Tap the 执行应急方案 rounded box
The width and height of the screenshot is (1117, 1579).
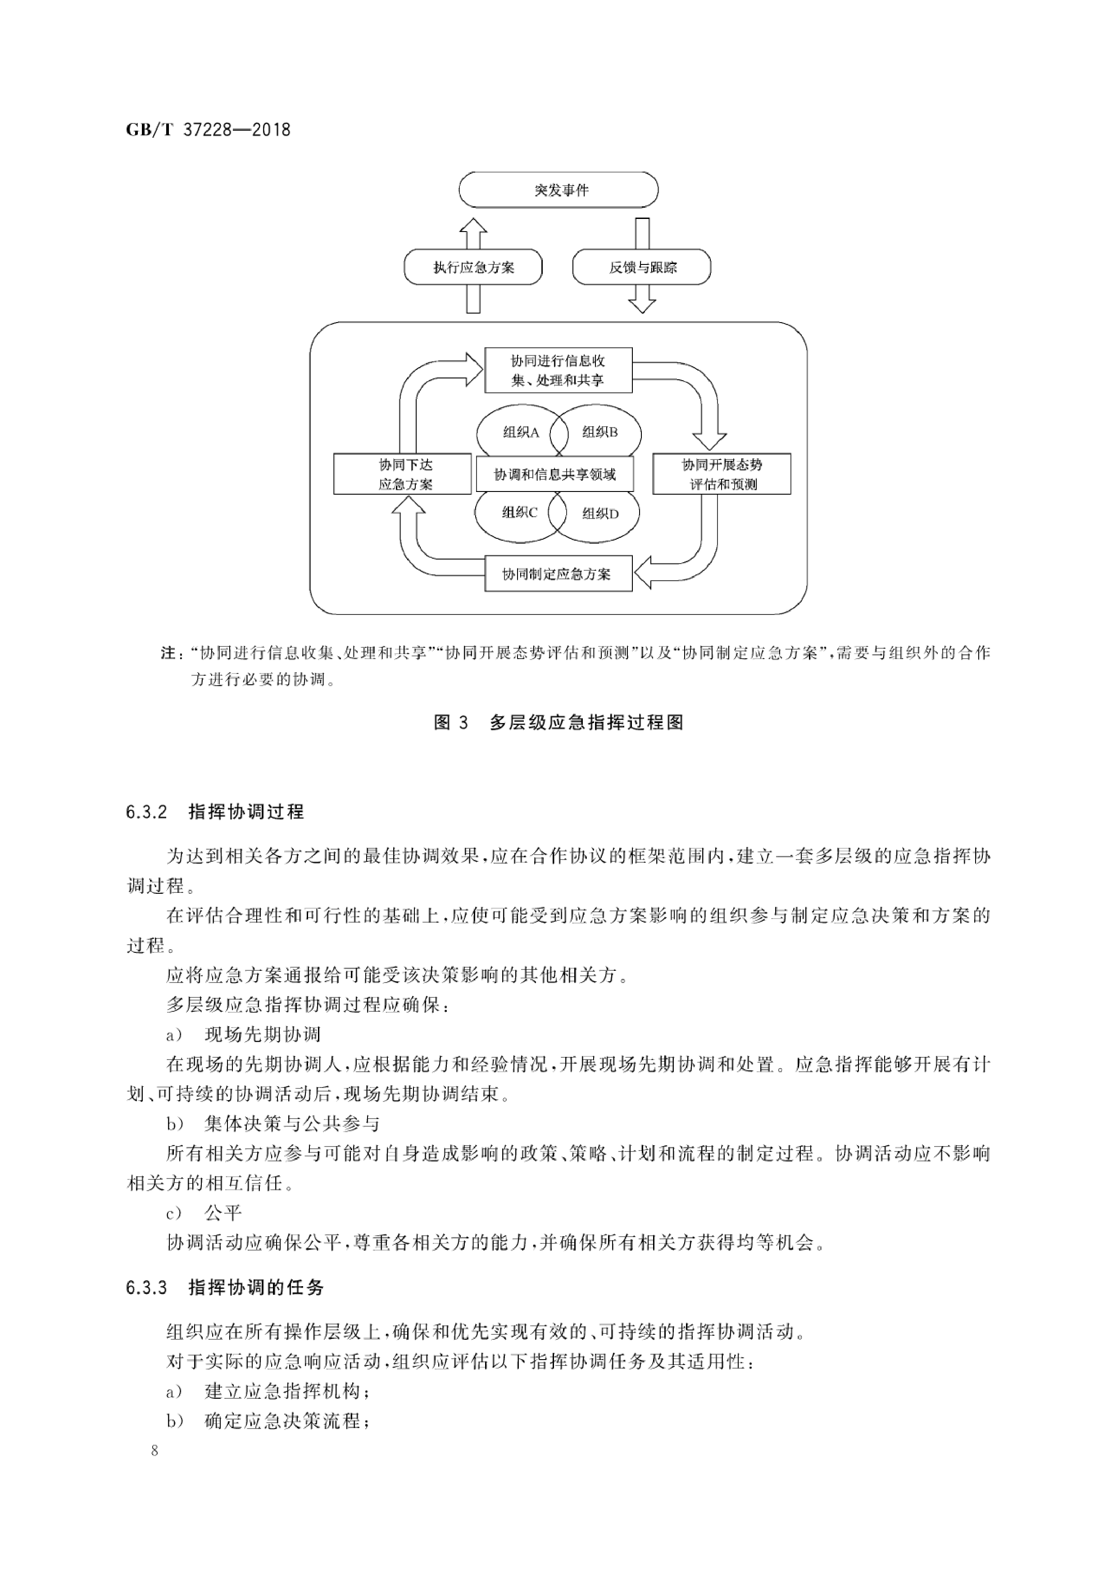(x=473, y=267)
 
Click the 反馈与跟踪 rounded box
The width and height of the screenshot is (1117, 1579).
(x=642, y=267)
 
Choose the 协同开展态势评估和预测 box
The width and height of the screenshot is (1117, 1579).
(x=722, y=474)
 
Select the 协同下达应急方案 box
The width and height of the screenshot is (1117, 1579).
(x=402, y=474)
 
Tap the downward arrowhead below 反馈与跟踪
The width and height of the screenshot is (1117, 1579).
(x=642, y=303)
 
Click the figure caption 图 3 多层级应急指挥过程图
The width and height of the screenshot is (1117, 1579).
(x=558, y=723)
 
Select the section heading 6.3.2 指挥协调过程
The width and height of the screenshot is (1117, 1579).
(x=214, y=812)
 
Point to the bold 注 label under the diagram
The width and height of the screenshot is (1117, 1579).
(x=168, y=653)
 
